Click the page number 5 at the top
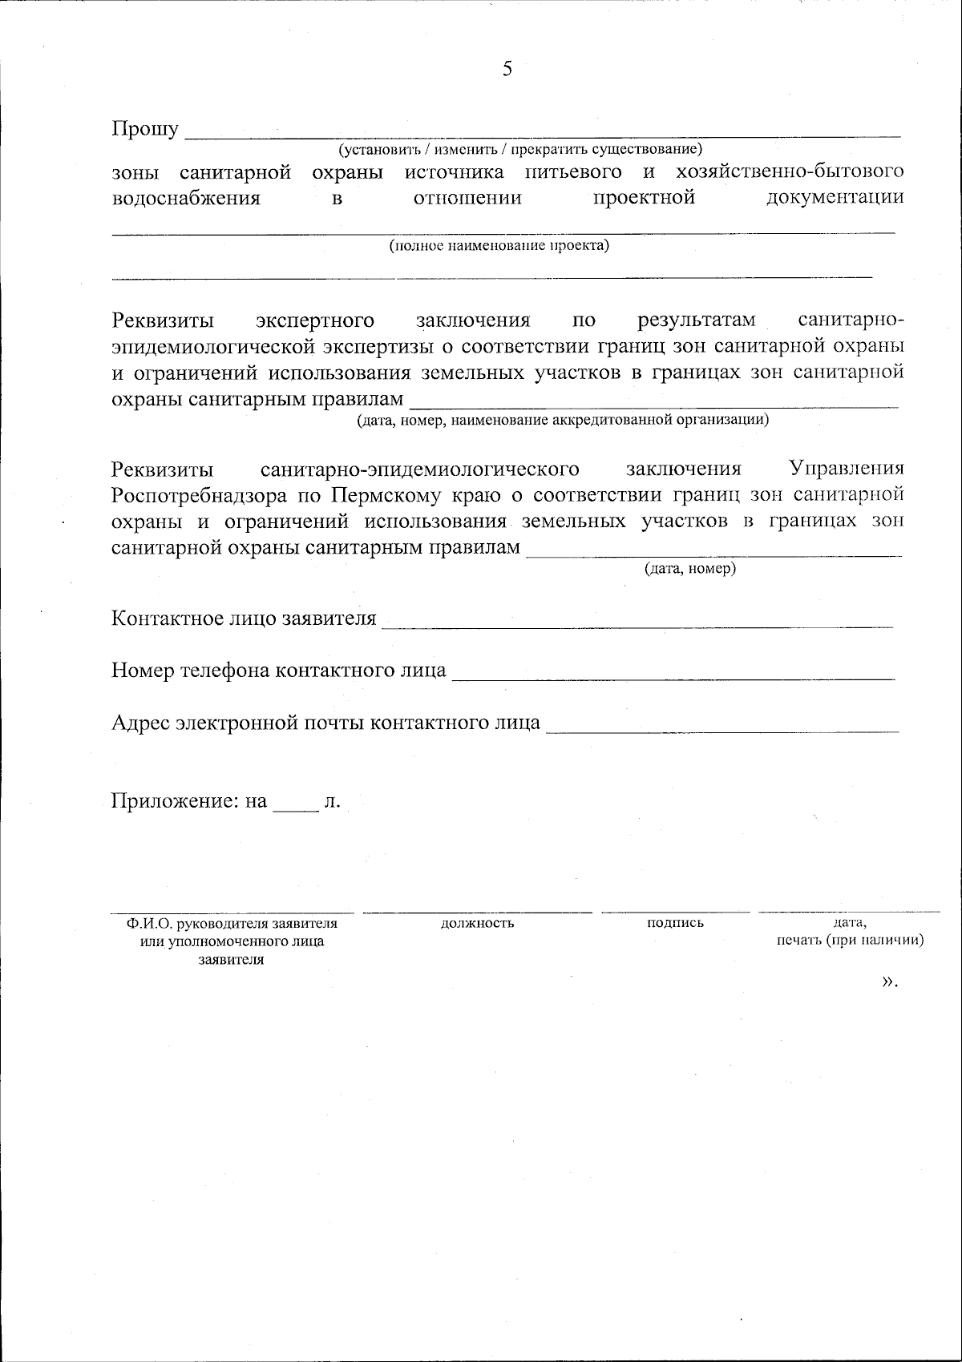[507, 69]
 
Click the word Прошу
[145, 129]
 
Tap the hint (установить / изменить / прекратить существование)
[519, 149]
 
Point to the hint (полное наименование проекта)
[499, 245]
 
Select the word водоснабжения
[186, 198]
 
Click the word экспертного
[315, 320]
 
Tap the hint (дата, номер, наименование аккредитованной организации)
[563, 419]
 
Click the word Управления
[847, 468]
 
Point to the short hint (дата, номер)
[690, 569]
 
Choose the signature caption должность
[477, 923]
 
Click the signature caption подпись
[675, 922]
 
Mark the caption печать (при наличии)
[850, 940]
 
